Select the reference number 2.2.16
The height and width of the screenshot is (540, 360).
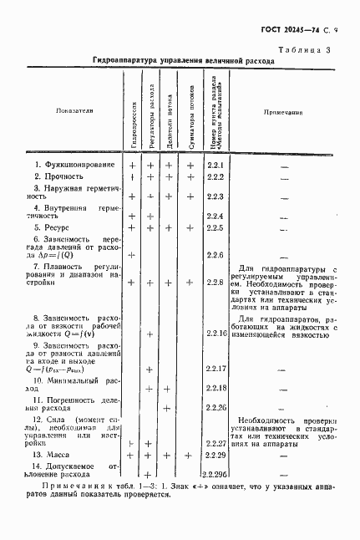point(217,333)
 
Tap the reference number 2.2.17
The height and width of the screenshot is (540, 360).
point(217,369)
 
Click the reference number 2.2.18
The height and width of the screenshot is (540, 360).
point(217,388)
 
